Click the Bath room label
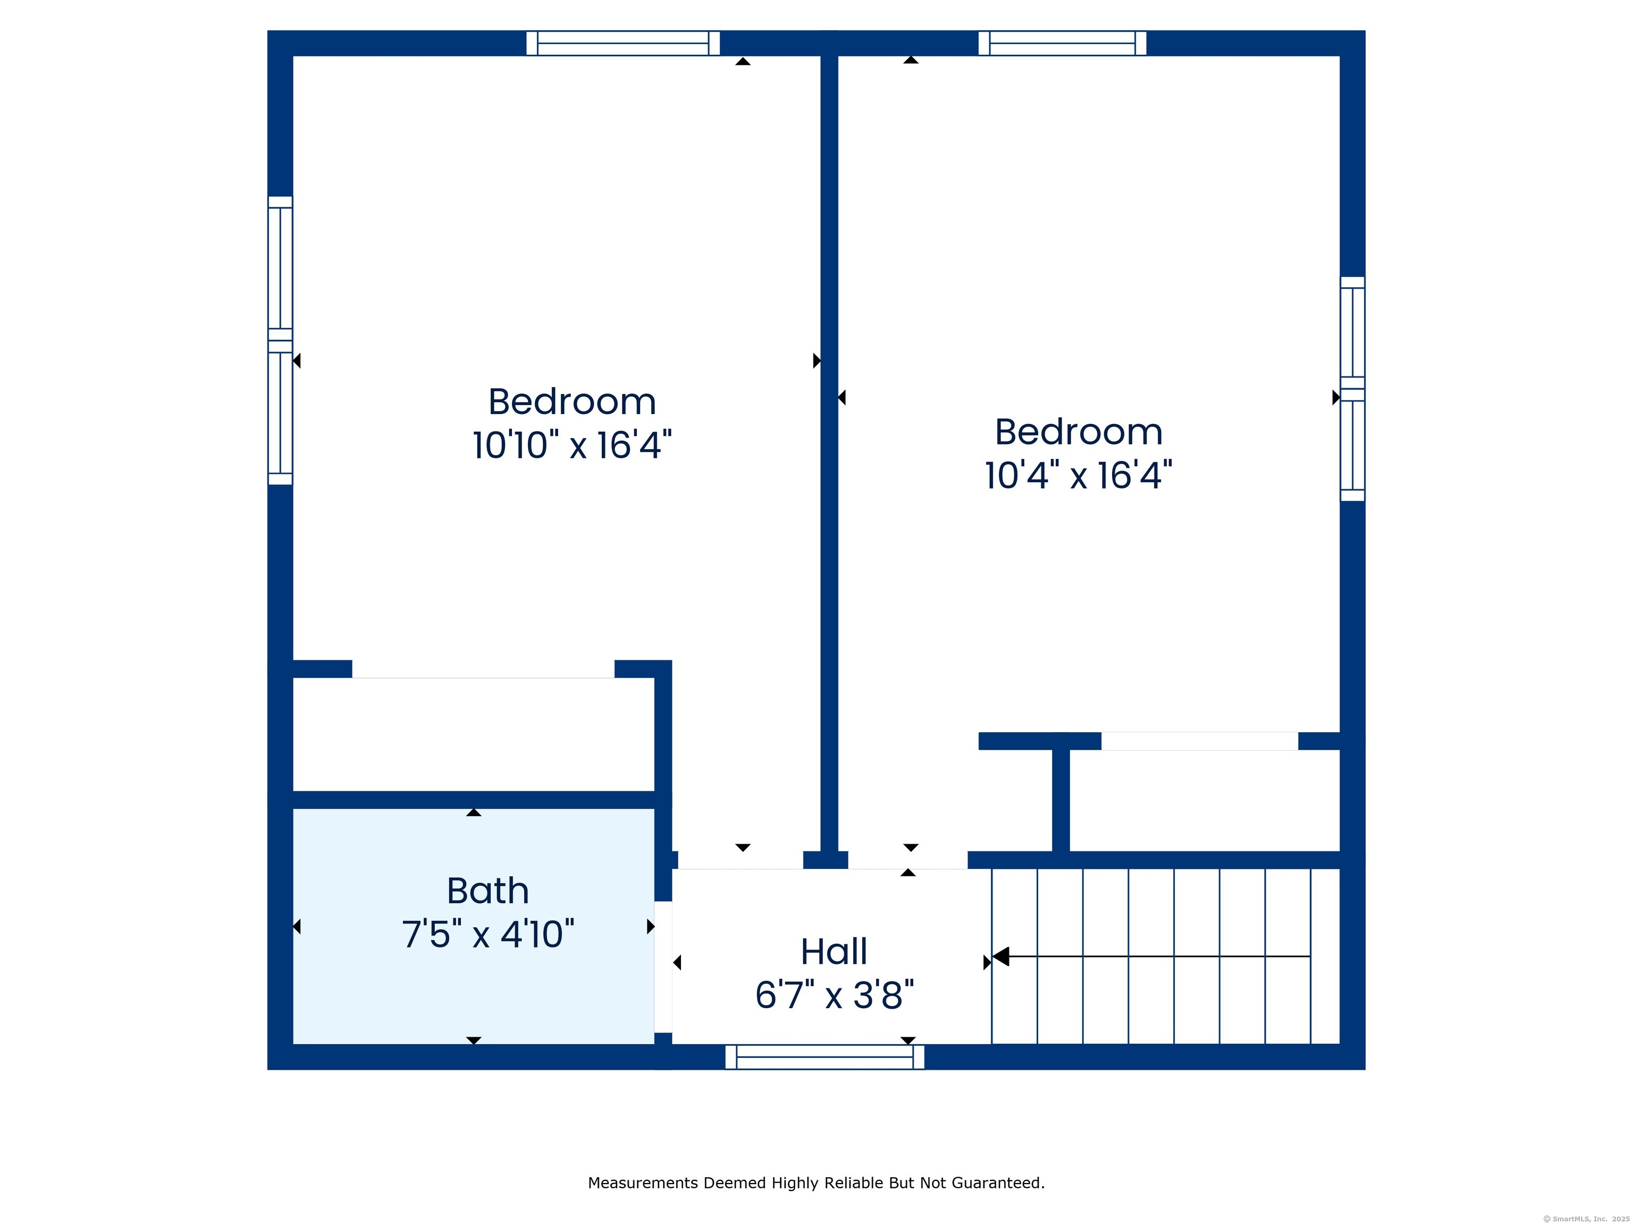pos(488,891)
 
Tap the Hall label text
pos(834,952)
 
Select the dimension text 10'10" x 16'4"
pos(572,445)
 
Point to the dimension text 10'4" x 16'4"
pos(1079,475)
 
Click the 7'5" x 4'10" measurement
pos(488,934)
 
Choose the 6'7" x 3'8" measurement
pos(834,995)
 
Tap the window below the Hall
pos(824,1056)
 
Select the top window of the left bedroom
pos(623,43)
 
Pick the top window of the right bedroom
pos(1062,43)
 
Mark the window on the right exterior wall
pos(1352,389)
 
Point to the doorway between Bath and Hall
pos(663,967)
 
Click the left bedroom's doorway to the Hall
pos(740,860)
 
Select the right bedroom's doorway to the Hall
pos(907,860)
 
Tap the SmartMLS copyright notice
pos(1586,1219)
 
